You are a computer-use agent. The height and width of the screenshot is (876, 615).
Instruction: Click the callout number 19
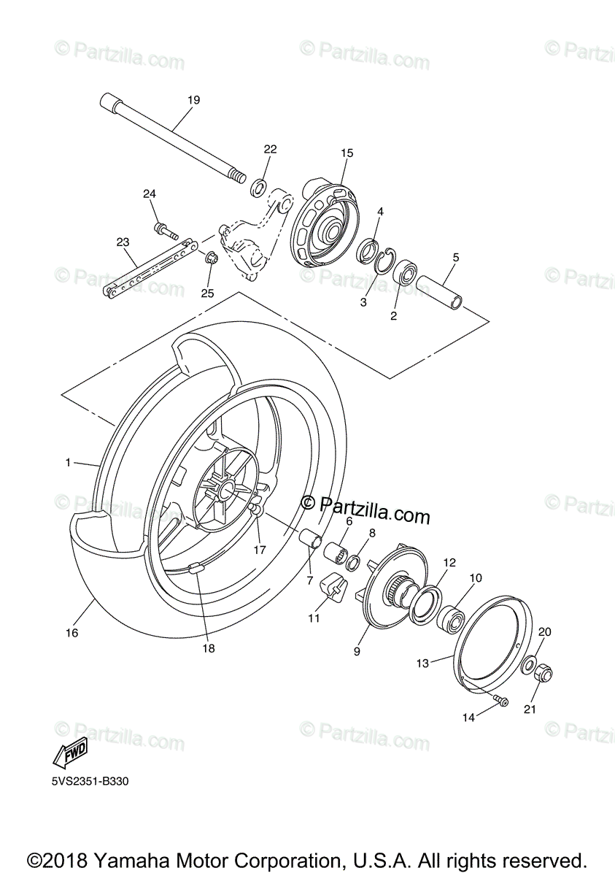(193, 99)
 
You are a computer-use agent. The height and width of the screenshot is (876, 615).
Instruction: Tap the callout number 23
(123, 242)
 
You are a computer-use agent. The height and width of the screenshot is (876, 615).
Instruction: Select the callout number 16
(71, 633)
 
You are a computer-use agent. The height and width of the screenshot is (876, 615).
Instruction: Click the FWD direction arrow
(71, 751)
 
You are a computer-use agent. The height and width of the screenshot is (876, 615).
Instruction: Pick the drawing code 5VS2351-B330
(85, 781)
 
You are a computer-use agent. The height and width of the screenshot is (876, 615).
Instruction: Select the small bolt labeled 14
(500, 701)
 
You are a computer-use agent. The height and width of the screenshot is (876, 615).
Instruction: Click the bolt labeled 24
(165, 232)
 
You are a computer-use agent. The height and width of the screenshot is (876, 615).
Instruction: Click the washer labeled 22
(258, 188)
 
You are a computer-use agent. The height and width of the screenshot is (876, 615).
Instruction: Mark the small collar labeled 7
(313, 540)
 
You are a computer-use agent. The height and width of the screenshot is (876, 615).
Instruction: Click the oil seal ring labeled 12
(423, 604)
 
